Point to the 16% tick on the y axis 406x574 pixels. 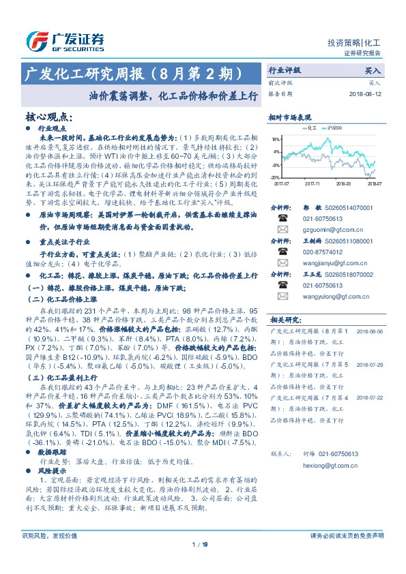point(276,138)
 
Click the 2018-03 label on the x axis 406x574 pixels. point(343,183)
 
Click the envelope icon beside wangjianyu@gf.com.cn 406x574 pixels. point(281,263)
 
